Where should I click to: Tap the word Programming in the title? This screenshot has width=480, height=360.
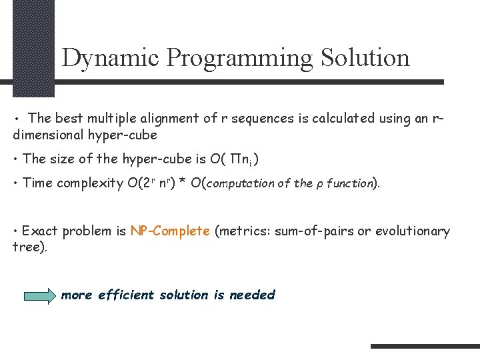pyautogui.click(x=239, y=58)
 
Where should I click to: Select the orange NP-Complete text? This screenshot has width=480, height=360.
pyautogui.click(x=170, y=231)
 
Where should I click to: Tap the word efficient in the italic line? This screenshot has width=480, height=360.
pyautogui.click(x=126, y=295)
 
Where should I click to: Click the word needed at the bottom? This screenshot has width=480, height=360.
pyautogui.click(x=252, y=295)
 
